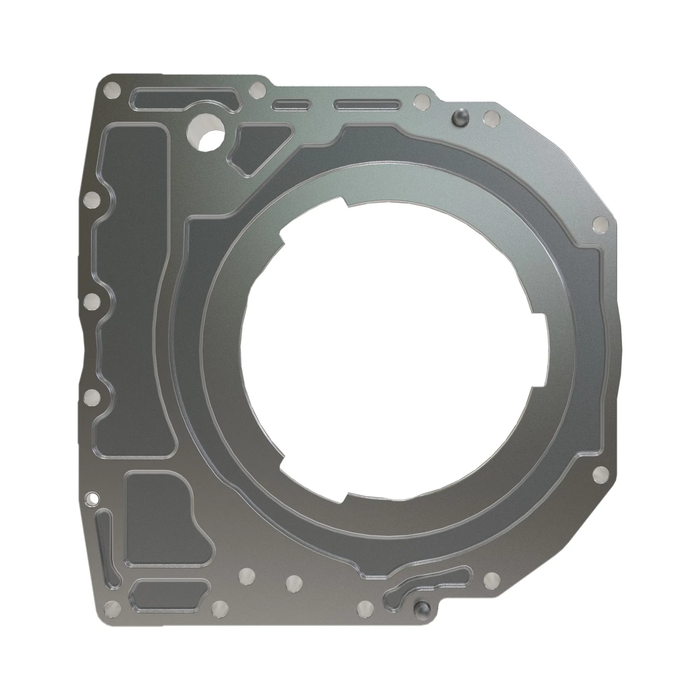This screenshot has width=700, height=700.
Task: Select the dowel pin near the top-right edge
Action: tap(461, 117)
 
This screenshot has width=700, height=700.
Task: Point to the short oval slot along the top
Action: tap(292, 105)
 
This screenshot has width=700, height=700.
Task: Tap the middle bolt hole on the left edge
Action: tap(91, 300)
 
